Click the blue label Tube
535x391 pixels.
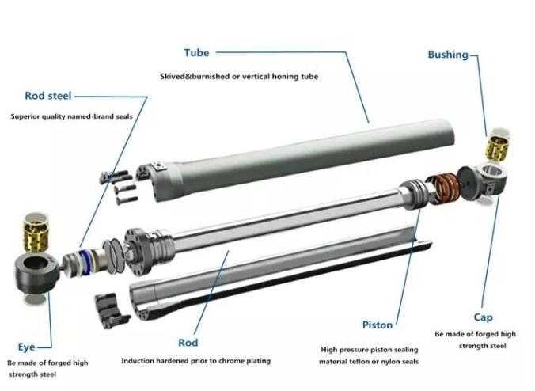click(196, 53)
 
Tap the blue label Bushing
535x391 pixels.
click(448, 55)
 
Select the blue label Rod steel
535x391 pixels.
click(47, 96)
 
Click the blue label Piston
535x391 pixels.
click(377, 325)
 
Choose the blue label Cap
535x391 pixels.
click(484, 317)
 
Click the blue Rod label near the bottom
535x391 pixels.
click(188, 343)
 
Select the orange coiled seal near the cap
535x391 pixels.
click(443, 188)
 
